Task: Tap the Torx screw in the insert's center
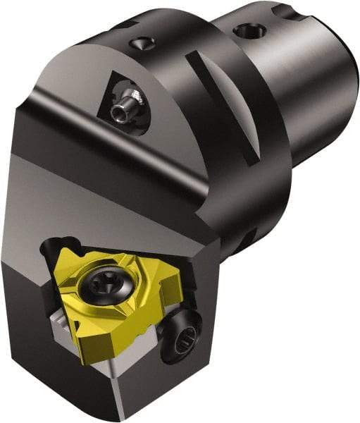pyautogui.click(x=104, y=287)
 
